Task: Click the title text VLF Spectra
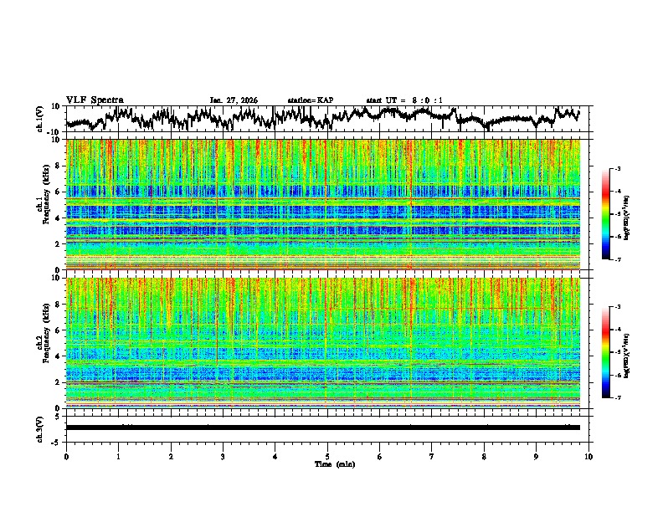(95, 100)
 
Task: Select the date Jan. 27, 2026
(234, 100)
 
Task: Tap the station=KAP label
(311, 100)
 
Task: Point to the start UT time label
(404, 100)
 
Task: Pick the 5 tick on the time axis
(327, 456)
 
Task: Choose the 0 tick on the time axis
(66, 456)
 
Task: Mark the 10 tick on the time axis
(588, 456)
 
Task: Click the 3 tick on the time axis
(223, 456)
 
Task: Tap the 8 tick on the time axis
(484, 456)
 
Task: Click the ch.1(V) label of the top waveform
(40, 119)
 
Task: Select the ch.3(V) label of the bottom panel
(40, 428)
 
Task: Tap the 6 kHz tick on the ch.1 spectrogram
(58, 192)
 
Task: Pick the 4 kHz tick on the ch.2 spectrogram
(58, 356)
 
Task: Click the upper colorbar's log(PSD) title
(637, 214)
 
